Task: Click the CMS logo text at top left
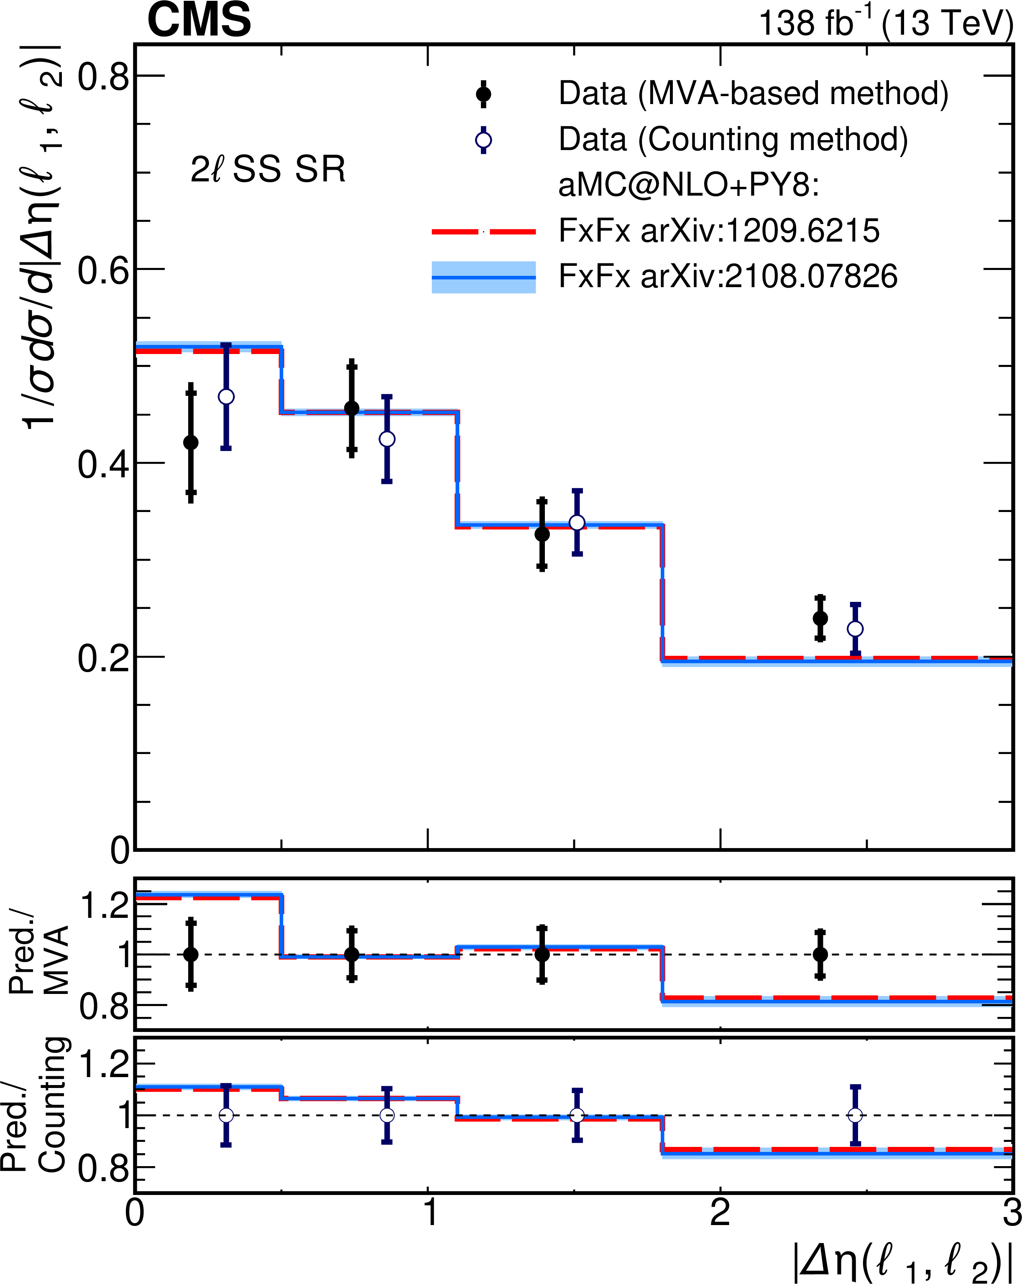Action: click(x=199, y=20)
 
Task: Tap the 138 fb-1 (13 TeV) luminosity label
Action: click(x=886, y=24)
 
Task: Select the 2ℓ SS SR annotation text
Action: click(x=268, y=169)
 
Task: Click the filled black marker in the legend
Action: click(x=483, y=94)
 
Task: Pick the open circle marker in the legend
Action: click(x=483, y=140)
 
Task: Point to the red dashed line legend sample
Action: click(x=483, y=232)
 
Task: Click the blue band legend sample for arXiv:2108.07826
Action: click(x=483, y=278)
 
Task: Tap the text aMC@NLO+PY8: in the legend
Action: click(x=688, y=186)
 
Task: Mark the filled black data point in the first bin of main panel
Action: click(x=191, y=443)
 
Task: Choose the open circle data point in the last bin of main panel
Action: click(x=855, y=629)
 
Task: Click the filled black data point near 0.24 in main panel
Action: click(x=820, y=619)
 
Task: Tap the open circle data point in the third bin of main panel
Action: click(x=577, y=523)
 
